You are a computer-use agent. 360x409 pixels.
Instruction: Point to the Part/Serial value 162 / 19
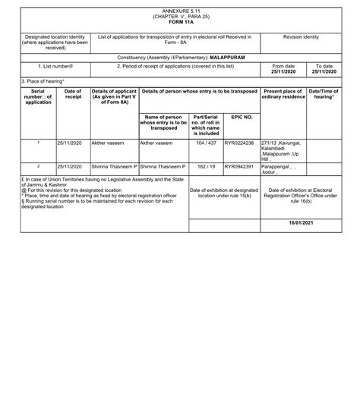205,165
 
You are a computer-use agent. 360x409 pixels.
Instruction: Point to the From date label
283,66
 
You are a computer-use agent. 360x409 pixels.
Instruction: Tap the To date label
324,66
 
